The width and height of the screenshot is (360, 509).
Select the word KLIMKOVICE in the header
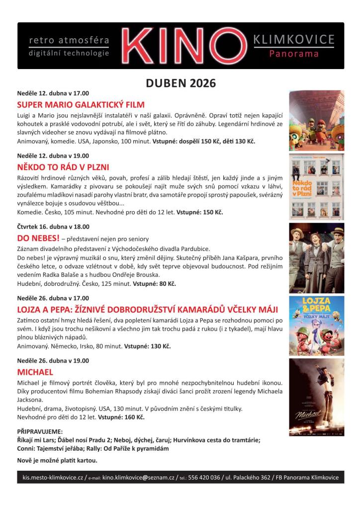coord(294,40)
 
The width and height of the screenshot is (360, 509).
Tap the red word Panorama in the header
coord(294,54)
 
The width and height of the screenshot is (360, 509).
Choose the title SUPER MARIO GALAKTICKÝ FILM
coord(81,105)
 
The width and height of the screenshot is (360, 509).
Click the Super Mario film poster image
coord(316,120)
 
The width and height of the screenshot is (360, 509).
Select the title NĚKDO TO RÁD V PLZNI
coord(63,167)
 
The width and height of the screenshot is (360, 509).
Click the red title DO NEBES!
coord(38,238)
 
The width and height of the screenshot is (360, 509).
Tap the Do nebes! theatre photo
coord(316,257)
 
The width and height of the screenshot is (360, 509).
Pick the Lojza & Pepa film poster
coord(316,326)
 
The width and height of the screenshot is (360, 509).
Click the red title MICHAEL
coord(35,372)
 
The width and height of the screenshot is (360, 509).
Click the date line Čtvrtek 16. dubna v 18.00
coord(53,226)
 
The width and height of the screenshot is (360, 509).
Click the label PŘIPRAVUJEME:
coord(40,431)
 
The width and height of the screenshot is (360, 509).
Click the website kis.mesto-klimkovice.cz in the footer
coord(53,478)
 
